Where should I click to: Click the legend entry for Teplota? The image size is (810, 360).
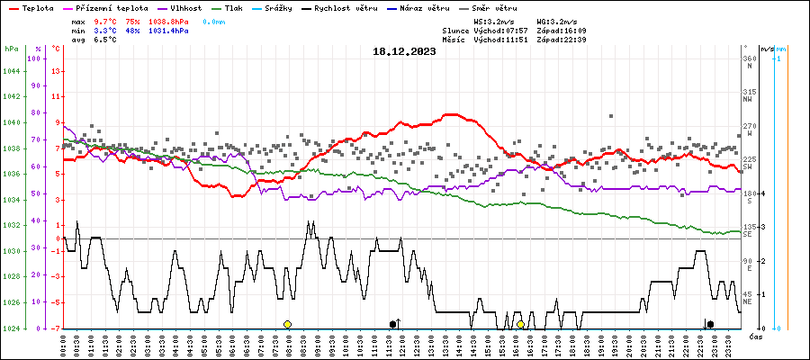point(39,7)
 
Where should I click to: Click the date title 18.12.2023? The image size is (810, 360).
point(404,52)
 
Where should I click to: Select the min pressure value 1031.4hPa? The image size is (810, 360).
point(168,31)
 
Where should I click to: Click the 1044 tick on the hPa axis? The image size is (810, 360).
point(11,58)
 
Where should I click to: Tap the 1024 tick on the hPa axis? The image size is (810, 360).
point(11,328)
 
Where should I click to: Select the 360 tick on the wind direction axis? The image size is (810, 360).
point(751,58)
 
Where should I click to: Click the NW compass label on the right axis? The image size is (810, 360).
point(748,100)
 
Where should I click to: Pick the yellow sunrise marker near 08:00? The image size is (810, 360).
point(287,324)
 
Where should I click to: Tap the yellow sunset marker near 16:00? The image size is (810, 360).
point(521,324)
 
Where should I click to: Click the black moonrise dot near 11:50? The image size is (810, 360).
point(392,324)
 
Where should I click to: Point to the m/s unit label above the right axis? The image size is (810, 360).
point(766,48)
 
